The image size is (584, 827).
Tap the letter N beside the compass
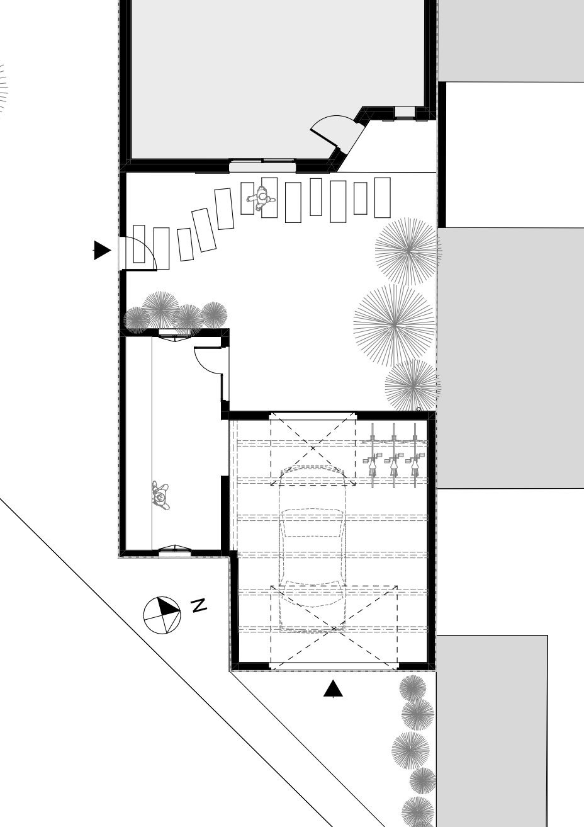(x=199, y=606)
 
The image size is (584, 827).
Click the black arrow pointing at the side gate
(x=102, y=250)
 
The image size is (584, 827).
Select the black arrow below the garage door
(x=333, y=688)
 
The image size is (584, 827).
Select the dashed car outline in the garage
(x=313, y=549)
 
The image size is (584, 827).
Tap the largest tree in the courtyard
(x=395, y=325)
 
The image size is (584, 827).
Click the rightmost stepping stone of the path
(x=382, y=198)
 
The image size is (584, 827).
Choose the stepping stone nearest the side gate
(x=139, y=244)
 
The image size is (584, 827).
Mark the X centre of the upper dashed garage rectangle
(x=313, y=448)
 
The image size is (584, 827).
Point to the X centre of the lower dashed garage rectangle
(x=334, y=629)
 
